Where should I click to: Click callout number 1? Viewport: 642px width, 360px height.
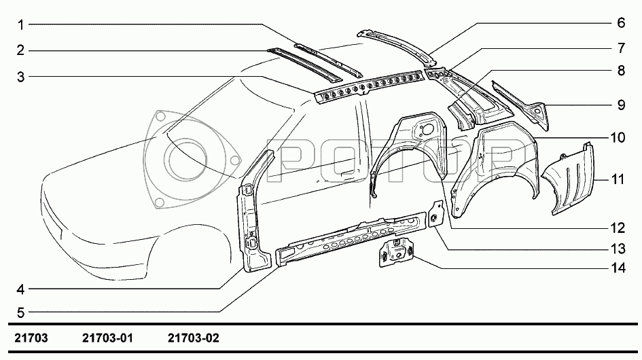pos(20,25)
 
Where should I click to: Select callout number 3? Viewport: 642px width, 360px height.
pos(20,77)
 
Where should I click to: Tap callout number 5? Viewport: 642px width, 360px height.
pos(20,313)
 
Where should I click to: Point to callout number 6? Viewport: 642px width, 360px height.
pos(621,22)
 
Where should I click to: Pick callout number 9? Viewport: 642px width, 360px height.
pos(621,105)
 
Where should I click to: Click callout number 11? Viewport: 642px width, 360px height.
pos(617,179)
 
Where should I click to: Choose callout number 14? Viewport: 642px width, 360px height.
pos(618,268)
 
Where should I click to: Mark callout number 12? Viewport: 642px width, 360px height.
pos(618,228)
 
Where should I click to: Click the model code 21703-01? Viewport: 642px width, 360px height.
pos(108,338)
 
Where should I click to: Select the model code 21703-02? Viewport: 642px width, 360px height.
pos(193,338)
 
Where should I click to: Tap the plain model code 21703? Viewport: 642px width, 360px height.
pos(31,338)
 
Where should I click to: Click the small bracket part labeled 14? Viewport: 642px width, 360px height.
pos(396,253)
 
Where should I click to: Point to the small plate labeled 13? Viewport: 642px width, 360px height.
pos(435,214)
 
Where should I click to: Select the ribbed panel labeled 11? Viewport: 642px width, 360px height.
pos(569,179)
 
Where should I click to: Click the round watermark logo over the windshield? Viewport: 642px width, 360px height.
pos(192,160)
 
